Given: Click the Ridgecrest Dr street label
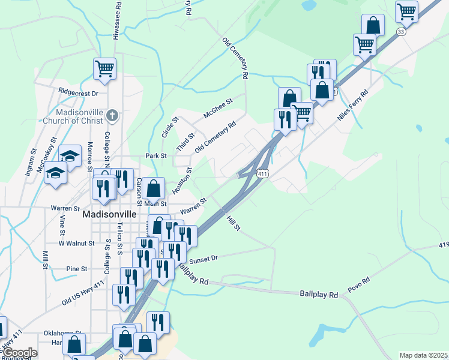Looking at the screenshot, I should pyautogui.click(x=78, y=92).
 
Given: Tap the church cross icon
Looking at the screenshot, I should pyautogui.click(x=112, y=114).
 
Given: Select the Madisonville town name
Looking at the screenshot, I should pyautogui.click(x=108, y=214).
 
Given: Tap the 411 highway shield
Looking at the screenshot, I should pyautogui.click(x=262, y=173).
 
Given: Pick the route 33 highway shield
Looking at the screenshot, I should pyautogui.click(x=400, y=32).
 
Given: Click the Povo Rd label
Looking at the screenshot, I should pyautogui.click(x=374, y=280).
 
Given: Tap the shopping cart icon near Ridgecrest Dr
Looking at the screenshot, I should pyautogui.click(x=104, y=68).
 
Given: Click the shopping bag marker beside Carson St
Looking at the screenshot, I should pyautogui.click(x=154, y=188).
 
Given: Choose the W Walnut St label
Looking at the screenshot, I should pyautogui.click(x=76, y=244).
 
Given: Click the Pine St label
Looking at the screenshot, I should pyautogui.click(x=77, y=268).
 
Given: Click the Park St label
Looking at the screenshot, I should pyautogui.click(x=156, y=156).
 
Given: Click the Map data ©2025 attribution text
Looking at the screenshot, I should pyautogui.click(x=423, y=355).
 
